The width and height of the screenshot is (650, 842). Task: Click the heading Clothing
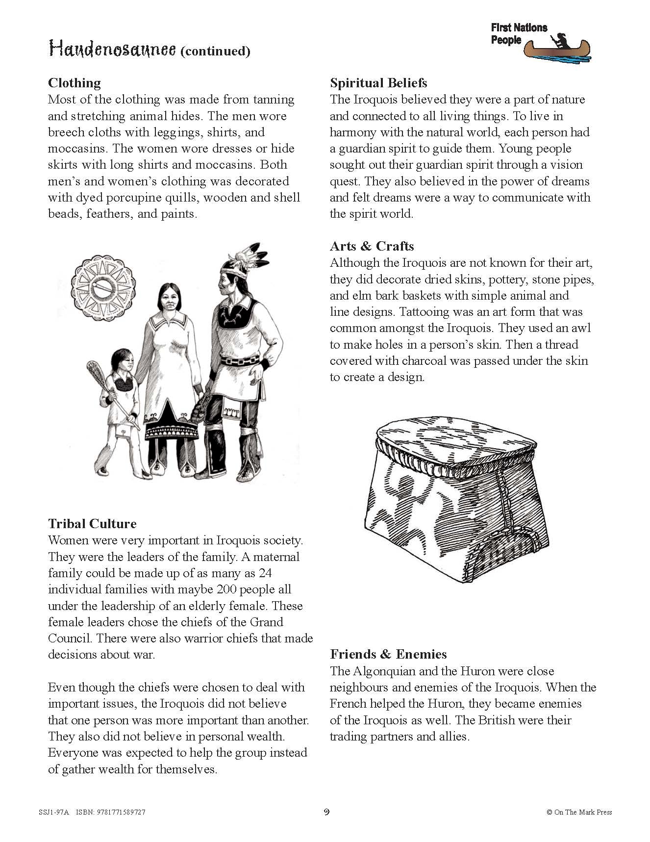click(x=74, y=82)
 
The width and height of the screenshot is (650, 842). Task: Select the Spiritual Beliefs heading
click(x=378, y=82)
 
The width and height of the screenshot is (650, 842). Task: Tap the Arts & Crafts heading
click(x=372, y=246)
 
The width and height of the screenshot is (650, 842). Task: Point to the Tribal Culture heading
click(x=92, y=524)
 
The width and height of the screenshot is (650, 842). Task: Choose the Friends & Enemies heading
click(x=388, y=654)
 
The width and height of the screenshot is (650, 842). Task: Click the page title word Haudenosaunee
click(x=112, y=49)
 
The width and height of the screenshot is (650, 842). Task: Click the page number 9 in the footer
click(x=326, y=812)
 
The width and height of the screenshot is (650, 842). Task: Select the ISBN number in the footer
click(x=120, y=812)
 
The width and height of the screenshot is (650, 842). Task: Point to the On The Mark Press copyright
click(x=579, y=812)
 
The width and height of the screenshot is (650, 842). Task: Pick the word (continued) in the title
click(x=215, y=51)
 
